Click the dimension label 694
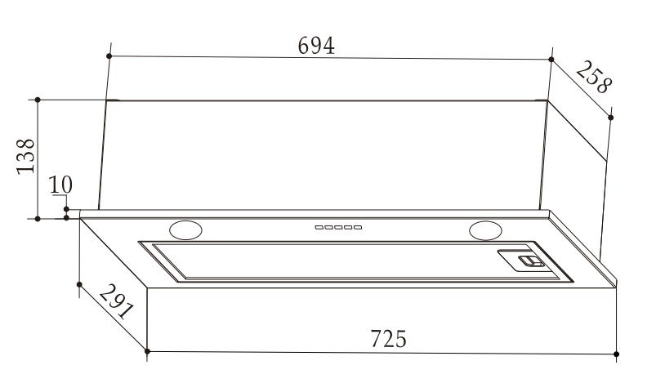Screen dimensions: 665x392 point(316,46)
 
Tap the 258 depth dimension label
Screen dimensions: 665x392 point(594,77)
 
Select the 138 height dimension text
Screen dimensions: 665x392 point(26,156)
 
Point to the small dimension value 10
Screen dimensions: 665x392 point(60,185)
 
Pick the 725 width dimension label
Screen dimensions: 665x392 point(389,339)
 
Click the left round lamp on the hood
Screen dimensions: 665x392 point(185,230)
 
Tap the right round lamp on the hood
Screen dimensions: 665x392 point(485,230)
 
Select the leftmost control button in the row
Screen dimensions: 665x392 point(319,228)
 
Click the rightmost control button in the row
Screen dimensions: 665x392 point(358,228)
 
